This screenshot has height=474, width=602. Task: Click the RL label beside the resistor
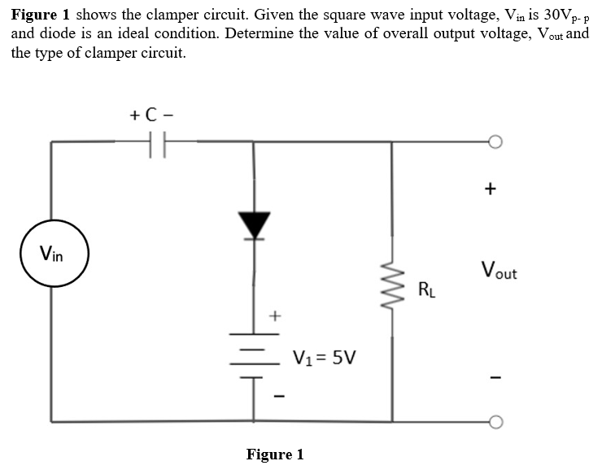pyautogui.click(x=427, y=289)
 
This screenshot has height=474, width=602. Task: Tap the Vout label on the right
pyautogui.click(x=498, y=270)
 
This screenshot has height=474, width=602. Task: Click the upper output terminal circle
pyautogui.click(x=497, y=142)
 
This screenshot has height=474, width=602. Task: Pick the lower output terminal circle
pyautogui.click(x=497, y=422)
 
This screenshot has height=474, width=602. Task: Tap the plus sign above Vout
pyautogui.click(x=489, y=189)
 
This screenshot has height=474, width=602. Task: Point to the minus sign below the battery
pyautogui.click(x=274, y=397)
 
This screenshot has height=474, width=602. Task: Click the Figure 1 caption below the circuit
pyautogui.click(x=274, y=454)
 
